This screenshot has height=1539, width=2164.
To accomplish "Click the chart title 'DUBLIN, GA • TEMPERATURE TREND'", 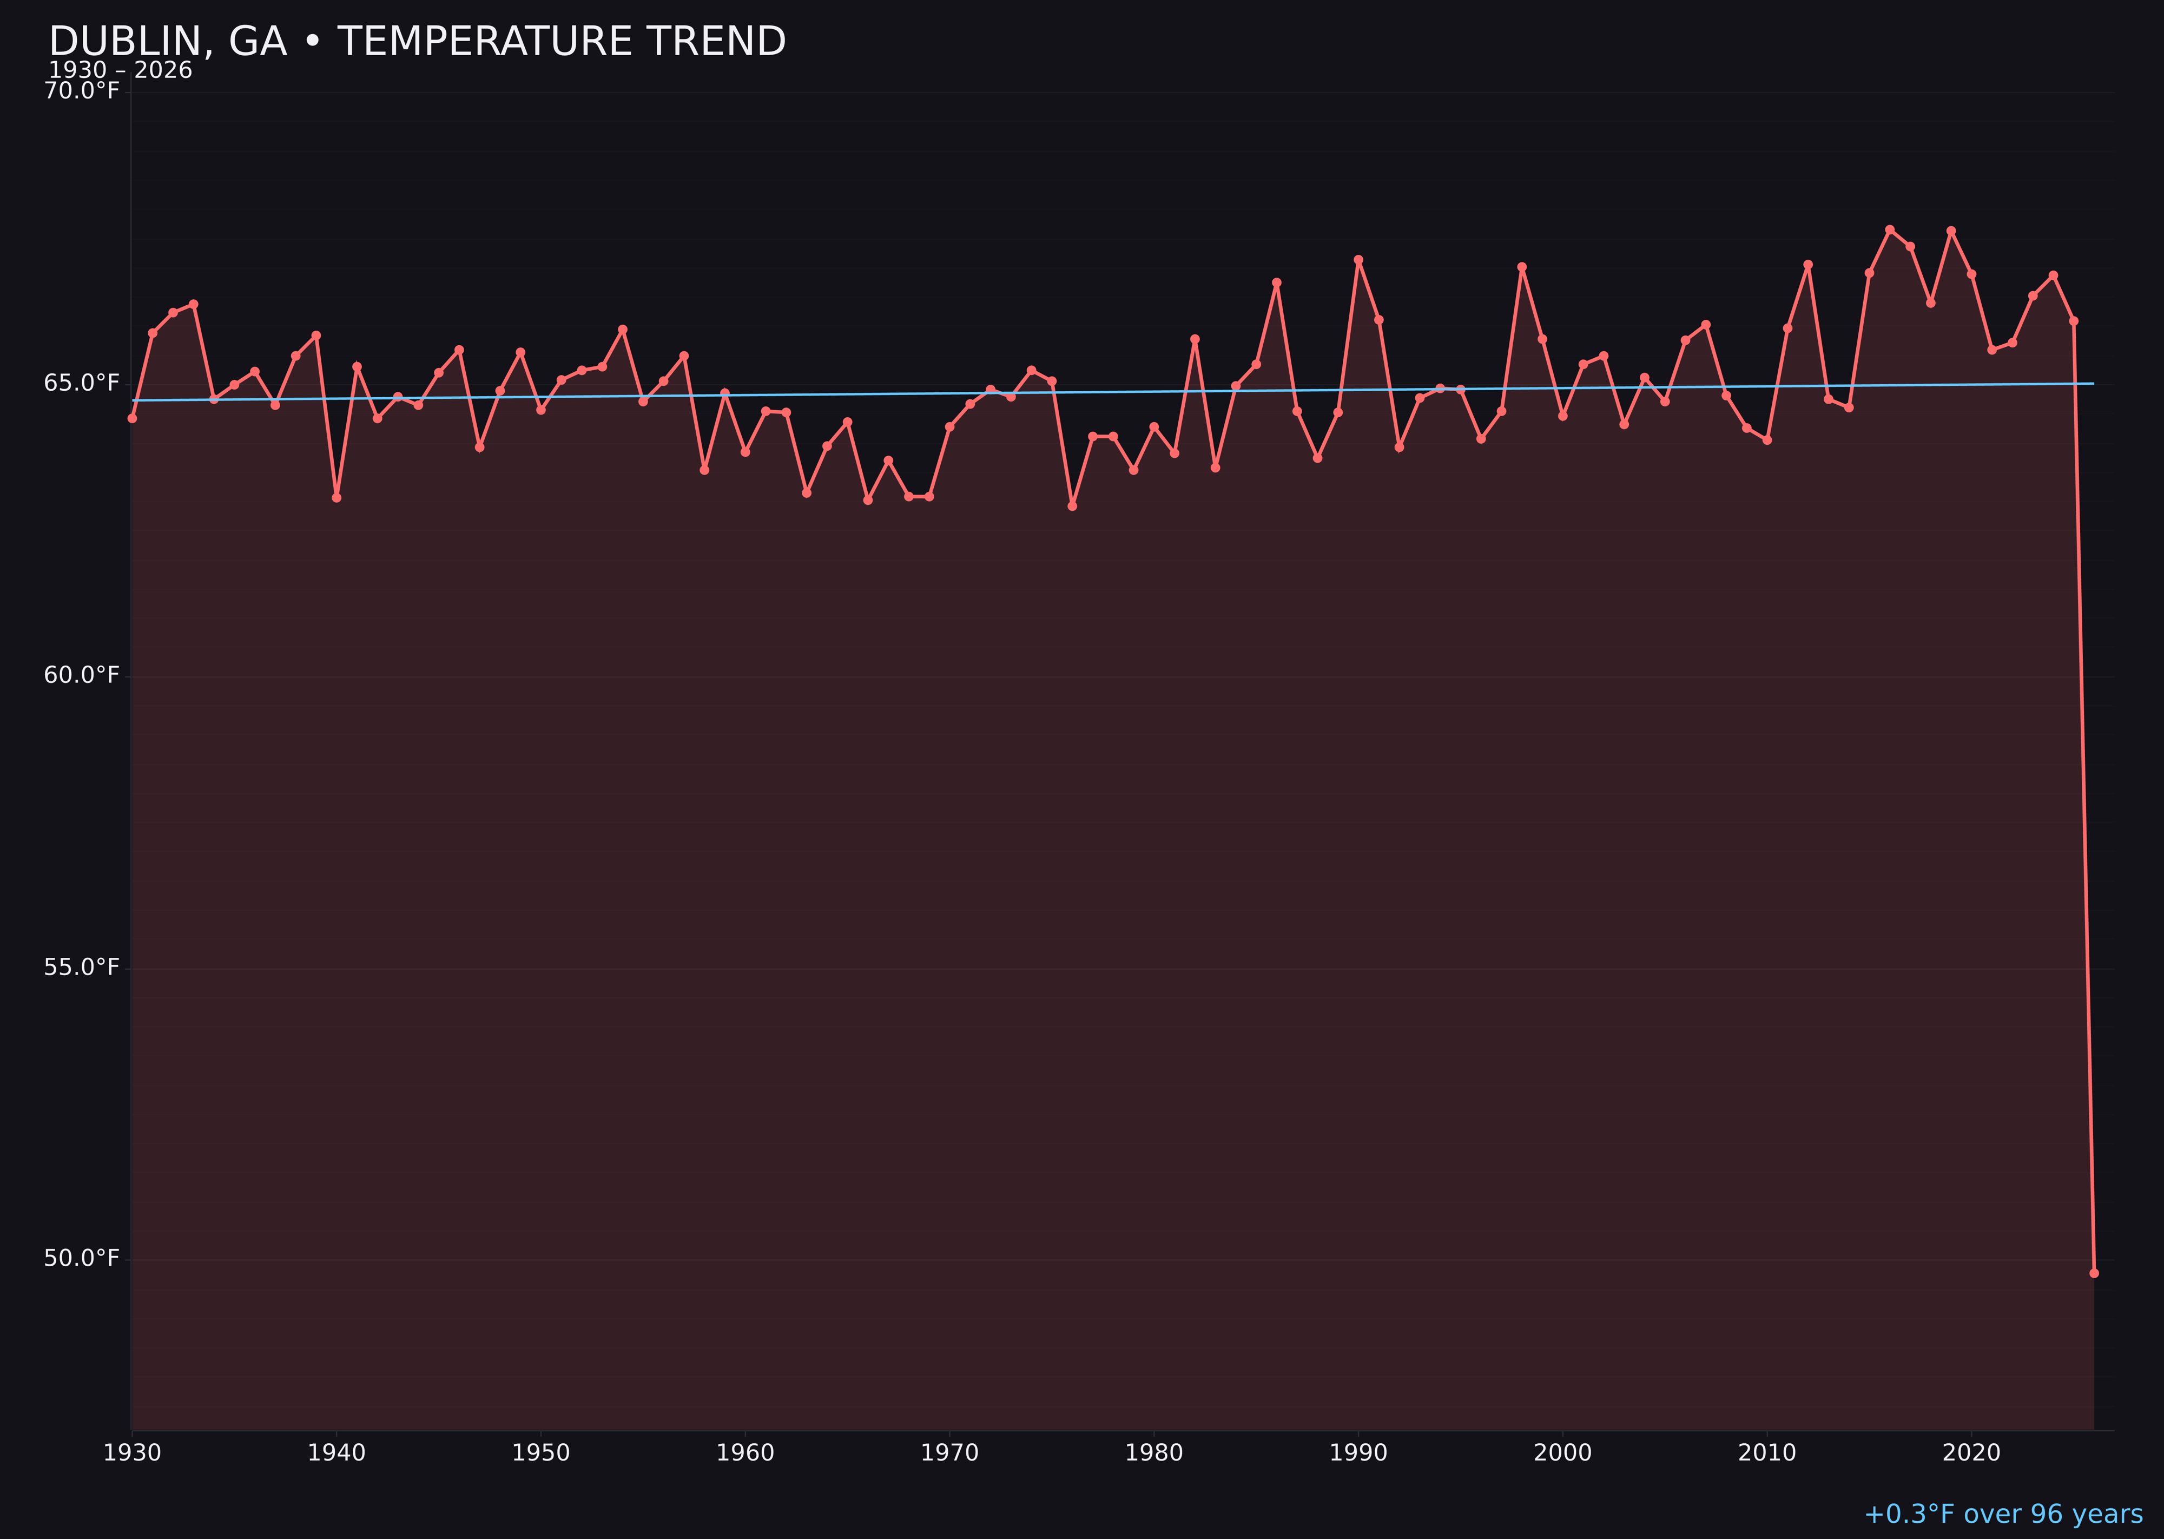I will click(x=417, y=42).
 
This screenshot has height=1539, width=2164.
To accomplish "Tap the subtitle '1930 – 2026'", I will click(x=120, y=71).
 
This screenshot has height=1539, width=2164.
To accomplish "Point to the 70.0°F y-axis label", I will click(x=82, y=91).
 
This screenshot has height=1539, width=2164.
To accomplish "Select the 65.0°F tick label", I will click(x=82, y=383).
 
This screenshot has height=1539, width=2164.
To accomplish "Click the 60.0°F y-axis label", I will click(x=82, y=675).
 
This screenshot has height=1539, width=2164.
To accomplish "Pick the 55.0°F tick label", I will click(x=82, y=966).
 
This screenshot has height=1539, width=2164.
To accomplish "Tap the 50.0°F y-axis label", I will click(x=82, y=1258).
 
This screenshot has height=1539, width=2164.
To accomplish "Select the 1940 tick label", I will click(x=337, y=1453).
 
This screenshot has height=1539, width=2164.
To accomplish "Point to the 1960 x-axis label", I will click(x=745, y=1453).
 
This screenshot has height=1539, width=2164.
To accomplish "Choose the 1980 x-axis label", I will click(x=1154, y=1453).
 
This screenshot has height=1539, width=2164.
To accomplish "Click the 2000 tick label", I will click(x=1562, y=1453).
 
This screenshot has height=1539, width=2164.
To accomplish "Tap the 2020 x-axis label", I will click(x=1971, y=1453).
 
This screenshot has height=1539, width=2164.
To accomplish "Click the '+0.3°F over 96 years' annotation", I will click(x=2003, y=1514).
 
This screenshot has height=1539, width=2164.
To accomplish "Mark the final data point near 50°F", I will click(x=2094, y=1273).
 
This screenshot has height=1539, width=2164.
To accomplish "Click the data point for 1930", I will click(x=131, y=418).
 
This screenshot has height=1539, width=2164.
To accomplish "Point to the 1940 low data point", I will click(x=337, y=497).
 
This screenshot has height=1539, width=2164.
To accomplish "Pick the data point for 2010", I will click(x=1767, y=440).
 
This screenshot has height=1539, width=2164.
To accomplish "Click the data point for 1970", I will click(x=949, y=426).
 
